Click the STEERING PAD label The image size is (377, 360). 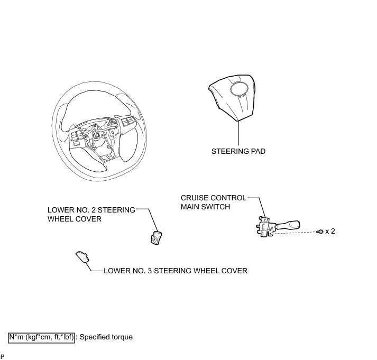coord(238,151)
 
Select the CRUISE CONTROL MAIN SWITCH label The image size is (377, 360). coord(213,202)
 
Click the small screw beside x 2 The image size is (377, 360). coord(319,232)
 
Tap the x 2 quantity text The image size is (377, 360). coord(330,232)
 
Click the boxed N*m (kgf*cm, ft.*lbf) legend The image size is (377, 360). coord(41,336)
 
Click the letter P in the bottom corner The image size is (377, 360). coord(3,356)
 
